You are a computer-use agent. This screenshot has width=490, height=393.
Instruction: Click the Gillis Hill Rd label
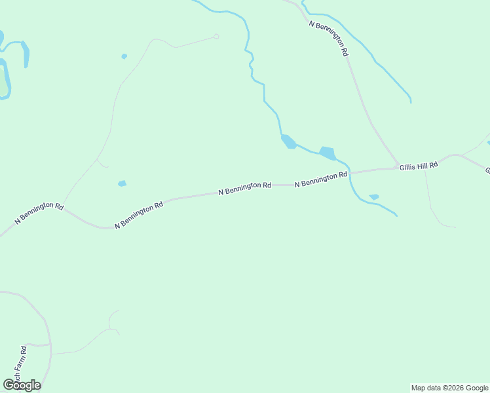418,166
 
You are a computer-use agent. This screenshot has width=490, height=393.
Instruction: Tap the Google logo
22,384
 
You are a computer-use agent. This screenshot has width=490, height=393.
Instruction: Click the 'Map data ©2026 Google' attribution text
449,388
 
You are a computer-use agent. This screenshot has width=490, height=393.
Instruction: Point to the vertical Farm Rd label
24,364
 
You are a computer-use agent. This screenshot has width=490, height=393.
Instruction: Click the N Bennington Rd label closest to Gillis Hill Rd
320,179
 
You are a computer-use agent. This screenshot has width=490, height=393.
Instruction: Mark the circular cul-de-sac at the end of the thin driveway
216,36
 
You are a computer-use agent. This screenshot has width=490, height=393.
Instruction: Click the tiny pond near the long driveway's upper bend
124,56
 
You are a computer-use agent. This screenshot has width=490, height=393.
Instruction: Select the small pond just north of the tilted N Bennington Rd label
122,183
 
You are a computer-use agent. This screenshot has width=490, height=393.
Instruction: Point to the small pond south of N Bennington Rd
374,196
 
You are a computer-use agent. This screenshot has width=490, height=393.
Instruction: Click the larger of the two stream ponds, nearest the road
328,153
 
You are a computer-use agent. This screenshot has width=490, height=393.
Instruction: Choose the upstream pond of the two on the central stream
288,141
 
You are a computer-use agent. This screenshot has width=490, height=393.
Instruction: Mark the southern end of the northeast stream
411,102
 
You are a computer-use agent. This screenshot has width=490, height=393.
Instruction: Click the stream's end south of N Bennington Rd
396,215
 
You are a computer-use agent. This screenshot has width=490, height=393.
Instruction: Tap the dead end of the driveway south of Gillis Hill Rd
455,227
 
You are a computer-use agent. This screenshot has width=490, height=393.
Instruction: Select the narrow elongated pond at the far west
25,54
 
